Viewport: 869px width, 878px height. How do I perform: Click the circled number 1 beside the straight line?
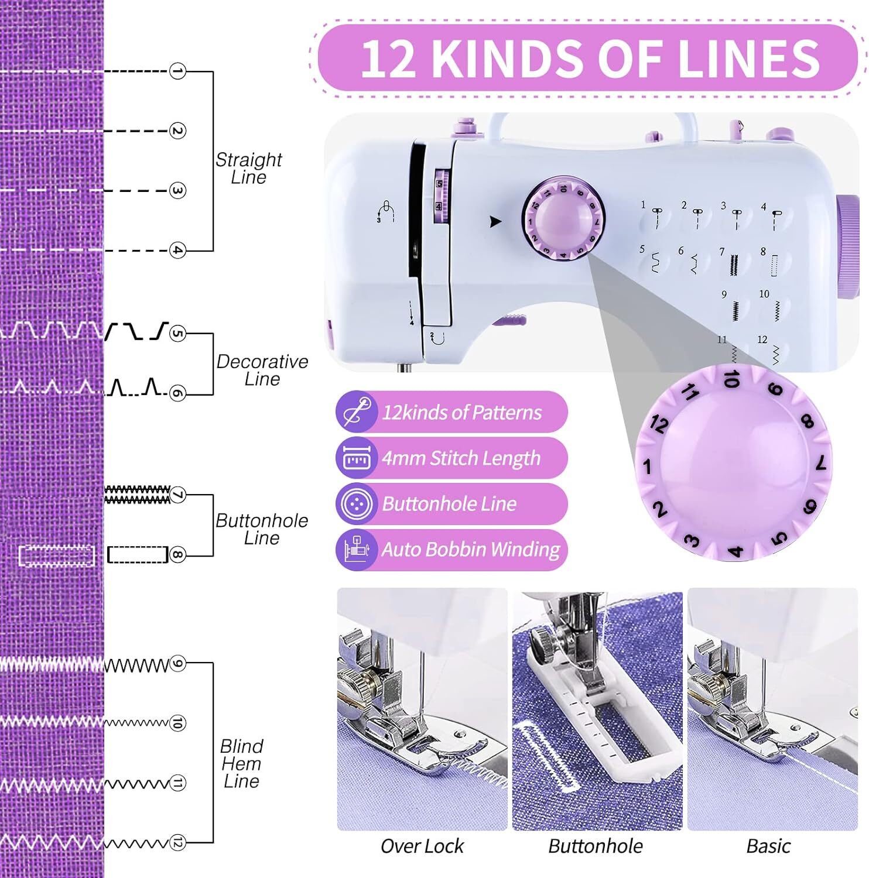[177, 71]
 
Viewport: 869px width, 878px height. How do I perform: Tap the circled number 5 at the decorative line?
[177, 334]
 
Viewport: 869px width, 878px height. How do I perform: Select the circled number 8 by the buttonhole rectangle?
[177, 554]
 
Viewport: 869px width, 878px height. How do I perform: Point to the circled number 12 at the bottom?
[177, 843]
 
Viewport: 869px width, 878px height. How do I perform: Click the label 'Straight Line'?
[248, 169]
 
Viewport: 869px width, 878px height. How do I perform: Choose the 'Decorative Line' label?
[262, 370]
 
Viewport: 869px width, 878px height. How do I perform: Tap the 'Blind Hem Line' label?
[241, 763]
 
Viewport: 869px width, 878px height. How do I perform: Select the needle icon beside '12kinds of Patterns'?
[357, 411]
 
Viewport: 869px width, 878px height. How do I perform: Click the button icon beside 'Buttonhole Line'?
[357, 503]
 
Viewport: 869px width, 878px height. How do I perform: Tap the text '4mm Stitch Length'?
[461, 458]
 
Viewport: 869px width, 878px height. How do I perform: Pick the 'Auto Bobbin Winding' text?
[471, 550]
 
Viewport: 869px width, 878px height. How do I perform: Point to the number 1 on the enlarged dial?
[647, 467]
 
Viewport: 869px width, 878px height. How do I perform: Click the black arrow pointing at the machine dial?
[495, 222]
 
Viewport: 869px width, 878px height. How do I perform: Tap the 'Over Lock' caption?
[422, 846]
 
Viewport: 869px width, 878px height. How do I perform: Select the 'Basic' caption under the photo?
[768, 846]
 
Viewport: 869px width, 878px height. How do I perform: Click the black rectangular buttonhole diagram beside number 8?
[138, 554]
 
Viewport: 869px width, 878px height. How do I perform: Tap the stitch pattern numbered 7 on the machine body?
[733, 263]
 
